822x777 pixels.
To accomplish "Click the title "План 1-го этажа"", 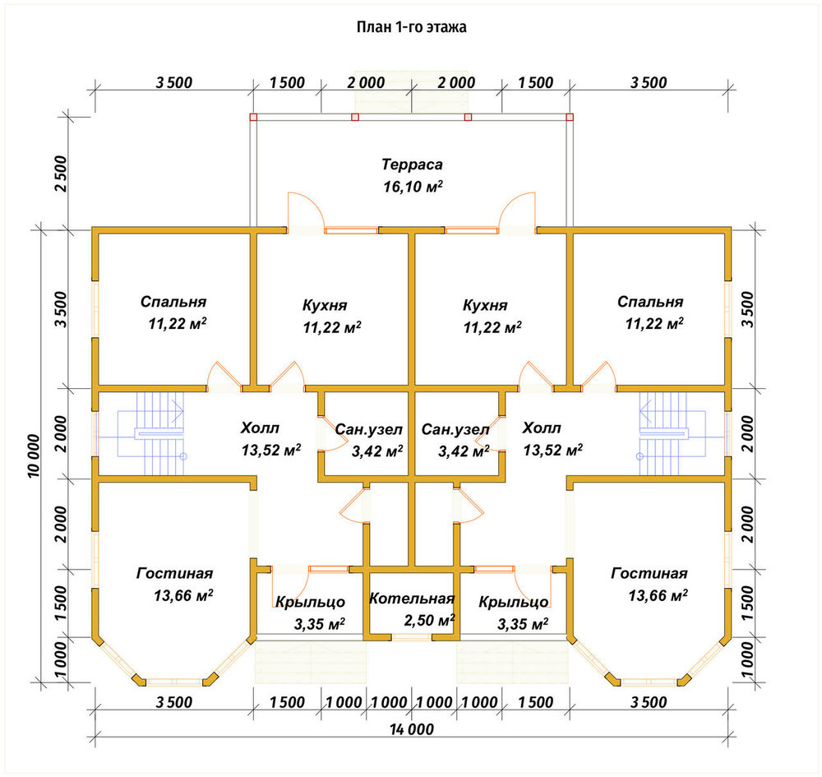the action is [x=412, y=27].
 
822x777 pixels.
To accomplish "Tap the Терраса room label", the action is [x=412, y=164].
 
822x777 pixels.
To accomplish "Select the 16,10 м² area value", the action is [x=413, y=186].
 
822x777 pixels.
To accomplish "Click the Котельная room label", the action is [x=412, y=599].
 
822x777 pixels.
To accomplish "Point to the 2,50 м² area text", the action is [x=429, y=621].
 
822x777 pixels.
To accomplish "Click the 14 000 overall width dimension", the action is [x=412, y=729].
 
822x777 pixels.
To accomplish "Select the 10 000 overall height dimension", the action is [x=34, y=456].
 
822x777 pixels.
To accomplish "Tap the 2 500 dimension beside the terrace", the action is [x=62, y=173].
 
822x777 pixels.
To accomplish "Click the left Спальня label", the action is [x=173, y=302].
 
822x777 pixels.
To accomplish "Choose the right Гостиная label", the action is [x=649, y=574].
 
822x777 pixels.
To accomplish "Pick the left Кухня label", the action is [x=325, y=305].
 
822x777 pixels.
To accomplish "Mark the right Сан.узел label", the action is [x=455, y=430].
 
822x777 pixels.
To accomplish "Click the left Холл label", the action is [x=260, y=428].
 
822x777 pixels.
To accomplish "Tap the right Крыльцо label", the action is [x=513, y=603].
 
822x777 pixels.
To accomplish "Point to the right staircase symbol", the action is [x=672, y=434].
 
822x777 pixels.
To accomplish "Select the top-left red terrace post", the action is [x=253, y=117].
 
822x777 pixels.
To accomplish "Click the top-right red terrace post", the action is [x=570, y=117].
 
